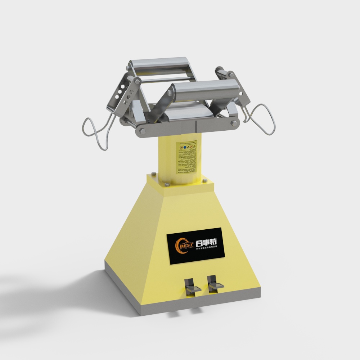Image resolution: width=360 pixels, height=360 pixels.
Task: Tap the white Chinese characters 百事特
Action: point(206,239)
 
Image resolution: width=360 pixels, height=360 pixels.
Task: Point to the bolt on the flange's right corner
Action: point(205,181)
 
